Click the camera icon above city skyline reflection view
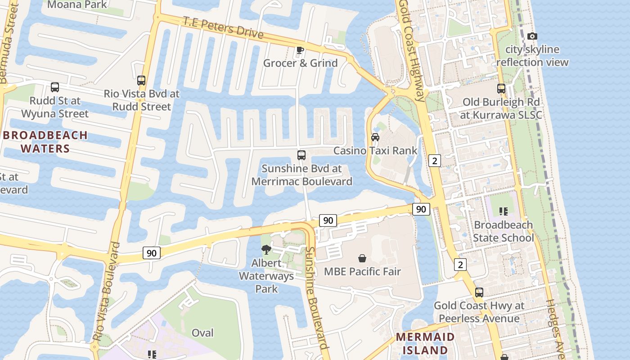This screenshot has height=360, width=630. (532, 36)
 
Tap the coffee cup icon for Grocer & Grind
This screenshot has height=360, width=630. (300, 50)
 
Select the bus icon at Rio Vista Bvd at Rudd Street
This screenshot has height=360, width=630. (141, 81)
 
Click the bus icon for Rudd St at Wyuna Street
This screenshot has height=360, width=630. (55, 87)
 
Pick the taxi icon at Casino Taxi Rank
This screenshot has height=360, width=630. (375, 137)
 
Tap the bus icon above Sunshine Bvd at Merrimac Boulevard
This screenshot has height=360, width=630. (301, 155)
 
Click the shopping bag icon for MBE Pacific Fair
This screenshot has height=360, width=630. (362, 258)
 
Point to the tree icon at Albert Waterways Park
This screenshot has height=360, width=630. (266, 250)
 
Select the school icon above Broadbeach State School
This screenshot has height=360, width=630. (504, 211)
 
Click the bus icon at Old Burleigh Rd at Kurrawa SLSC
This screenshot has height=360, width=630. (501, 89)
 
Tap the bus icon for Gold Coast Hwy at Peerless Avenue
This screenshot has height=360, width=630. (479, 292)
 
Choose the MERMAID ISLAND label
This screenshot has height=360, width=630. (425, 343)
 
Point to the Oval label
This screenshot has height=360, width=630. (202, 333)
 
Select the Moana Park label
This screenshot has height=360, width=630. (77, 5)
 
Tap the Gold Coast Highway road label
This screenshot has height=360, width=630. (412, 49)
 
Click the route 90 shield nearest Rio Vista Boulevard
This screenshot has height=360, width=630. (152, 253)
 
